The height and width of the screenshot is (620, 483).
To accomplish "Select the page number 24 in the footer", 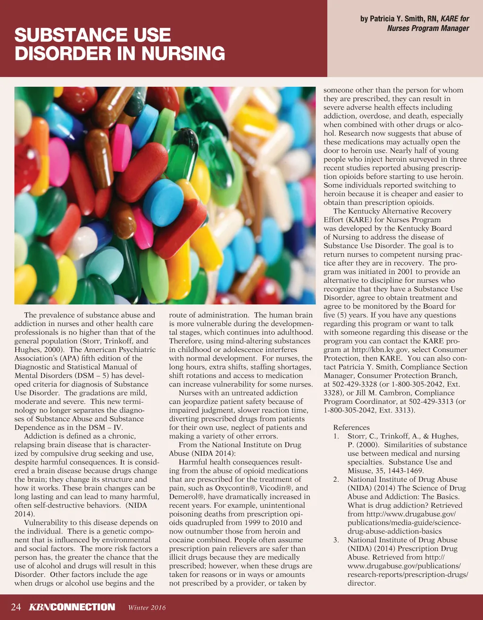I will (16, 607).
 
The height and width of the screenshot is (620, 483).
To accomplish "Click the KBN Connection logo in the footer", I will (72, 607).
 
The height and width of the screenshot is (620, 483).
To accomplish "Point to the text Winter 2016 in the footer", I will (147, 607).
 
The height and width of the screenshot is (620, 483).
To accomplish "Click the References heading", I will (351, 427).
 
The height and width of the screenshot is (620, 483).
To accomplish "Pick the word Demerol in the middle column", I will (186, 496).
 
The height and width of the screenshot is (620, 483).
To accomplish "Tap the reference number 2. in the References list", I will (336, 479).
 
